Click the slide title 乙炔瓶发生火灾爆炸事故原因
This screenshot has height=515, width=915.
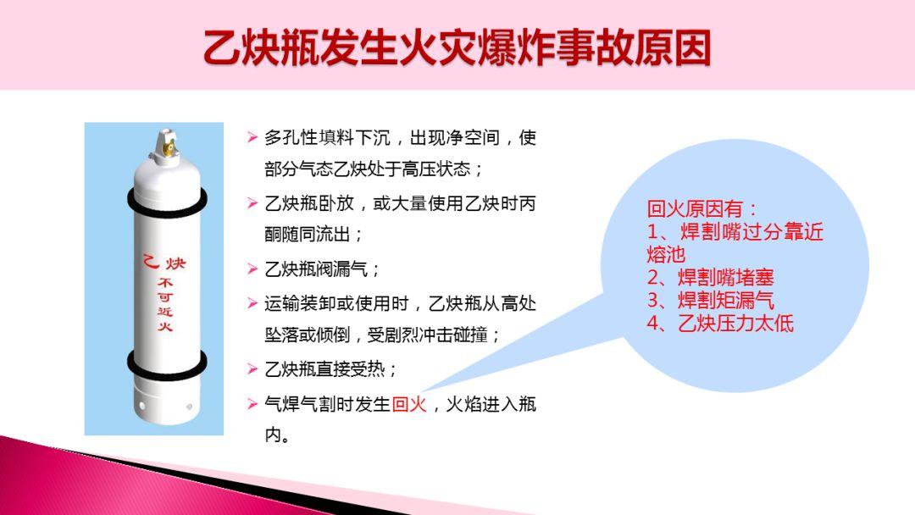457,48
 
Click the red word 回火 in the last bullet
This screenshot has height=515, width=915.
410,404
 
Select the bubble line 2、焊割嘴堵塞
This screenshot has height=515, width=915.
711,277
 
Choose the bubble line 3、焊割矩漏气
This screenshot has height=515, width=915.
711,300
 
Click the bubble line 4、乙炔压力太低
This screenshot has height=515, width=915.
720,323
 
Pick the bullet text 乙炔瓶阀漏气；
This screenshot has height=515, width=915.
323,269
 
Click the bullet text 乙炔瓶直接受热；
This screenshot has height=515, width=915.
331,369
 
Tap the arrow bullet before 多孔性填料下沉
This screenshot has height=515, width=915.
252,137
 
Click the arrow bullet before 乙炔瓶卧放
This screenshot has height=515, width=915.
252,203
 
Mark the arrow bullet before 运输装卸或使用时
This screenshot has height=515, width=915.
252,302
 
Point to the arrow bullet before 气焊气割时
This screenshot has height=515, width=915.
252,404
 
